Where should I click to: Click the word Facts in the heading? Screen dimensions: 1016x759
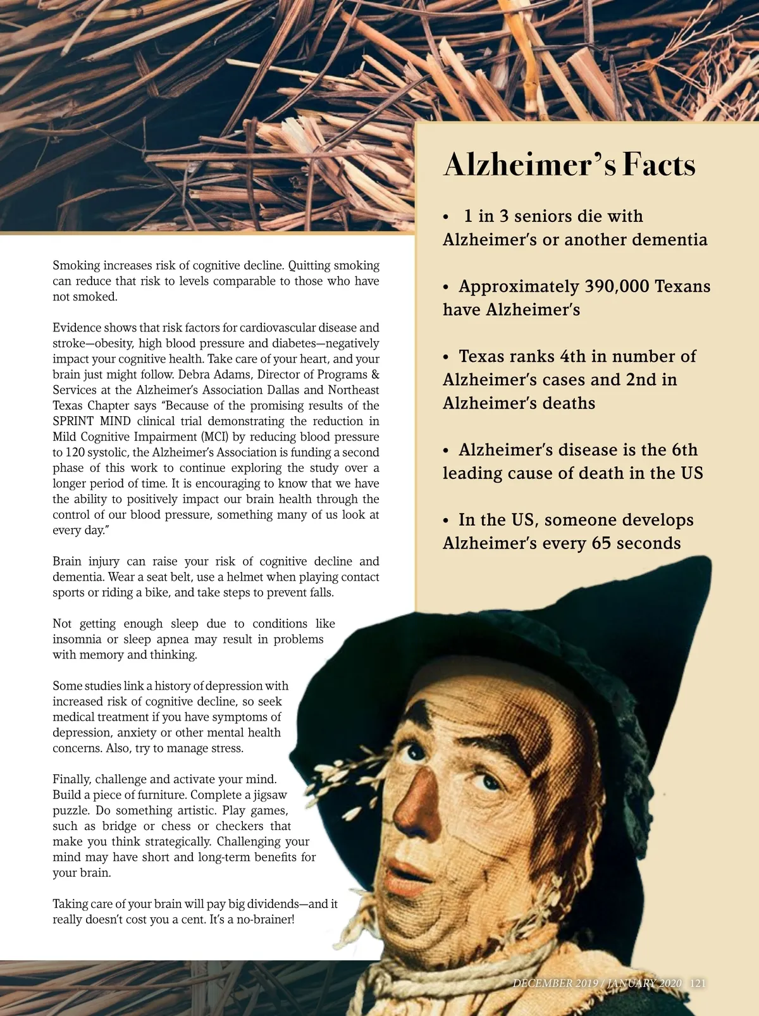pyautogui.click(x=659, y=164)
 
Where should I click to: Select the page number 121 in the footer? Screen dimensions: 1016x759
pyautogui.click(x=698, y=983)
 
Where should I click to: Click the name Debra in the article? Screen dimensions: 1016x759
pyautogui.click(x=194, y=375)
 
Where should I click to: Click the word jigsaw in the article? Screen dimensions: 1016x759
pyautogui.click(x=270, y=795)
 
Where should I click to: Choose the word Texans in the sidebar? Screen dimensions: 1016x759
pyautogui.click(x=682, y=287)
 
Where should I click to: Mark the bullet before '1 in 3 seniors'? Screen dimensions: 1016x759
pyautogui.click(x=446, y=217)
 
